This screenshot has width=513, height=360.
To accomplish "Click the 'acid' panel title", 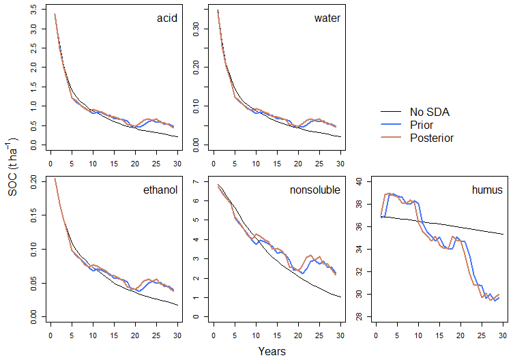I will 167,18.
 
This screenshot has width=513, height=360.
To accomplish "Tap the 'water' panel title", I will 327,18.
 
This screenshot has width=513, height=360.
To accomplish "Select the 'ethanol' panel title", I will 162,190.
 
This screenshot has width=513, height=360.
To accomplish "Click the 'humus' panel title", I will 487,190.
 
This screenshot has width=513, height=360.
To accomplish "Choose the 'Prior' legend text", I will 422,125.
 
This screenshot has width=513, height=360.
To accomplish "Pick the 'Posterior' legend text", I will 432,138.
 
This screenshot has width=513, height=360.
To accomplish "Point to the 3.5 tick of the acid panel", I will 35,10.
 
